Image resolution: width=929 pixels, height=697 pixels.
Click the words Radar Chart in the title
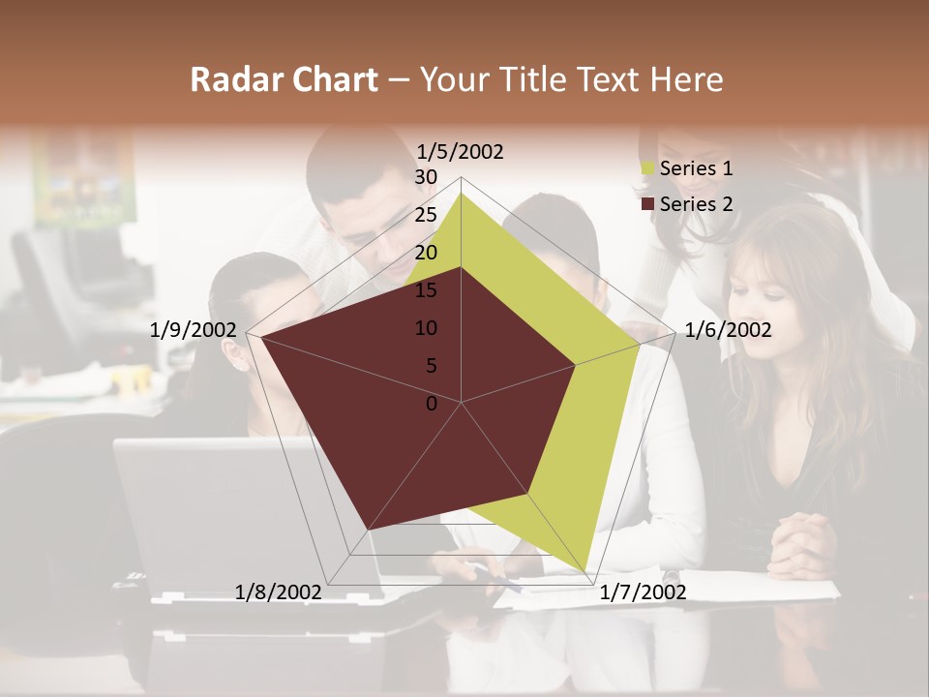[x=284, y=79]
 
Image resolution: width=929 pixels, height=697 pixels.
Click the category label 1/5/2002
[x=460, y=151]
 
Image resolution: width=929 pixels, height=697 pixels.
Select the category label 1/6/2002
[x=728, y=330]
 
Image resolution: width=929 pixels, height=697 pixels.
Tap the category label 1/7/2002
[x=643, y=591]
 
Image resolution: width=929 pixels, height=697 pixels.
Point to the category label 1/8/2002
[x=278, y=591]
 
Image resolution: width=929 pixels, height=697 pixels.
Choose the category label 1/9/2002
[x=193, y=330]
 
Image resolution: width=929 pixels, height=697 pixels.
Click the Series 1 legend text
[x=696, y=168]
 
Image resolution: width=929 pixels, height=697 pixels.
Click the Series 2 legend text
[x=696, y=203]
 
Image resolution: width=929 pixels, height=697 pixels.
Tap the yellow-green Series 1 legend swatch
[x=647, y=168]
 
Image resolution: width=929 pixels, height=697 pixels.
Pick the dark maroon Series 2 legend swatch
[x=647, y=203]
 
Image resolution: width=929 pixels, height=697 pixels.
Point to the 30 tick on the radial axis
[x=426, y=177]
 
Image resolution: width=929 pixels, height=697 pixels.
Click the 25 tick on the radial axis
[x=426, y=215]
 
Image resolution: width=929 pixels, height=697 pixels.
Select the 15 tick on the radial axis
[x=426, y=290]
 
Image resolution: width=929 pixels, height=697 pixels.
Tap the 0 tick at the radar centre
[x=432, y=404]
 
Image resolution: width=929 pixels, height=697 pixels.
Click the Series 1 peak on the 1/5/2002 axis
[x=462, y=193]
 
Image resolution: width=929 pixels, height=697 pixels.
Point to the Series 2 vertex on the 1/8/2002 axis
[x=368, y=530]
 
